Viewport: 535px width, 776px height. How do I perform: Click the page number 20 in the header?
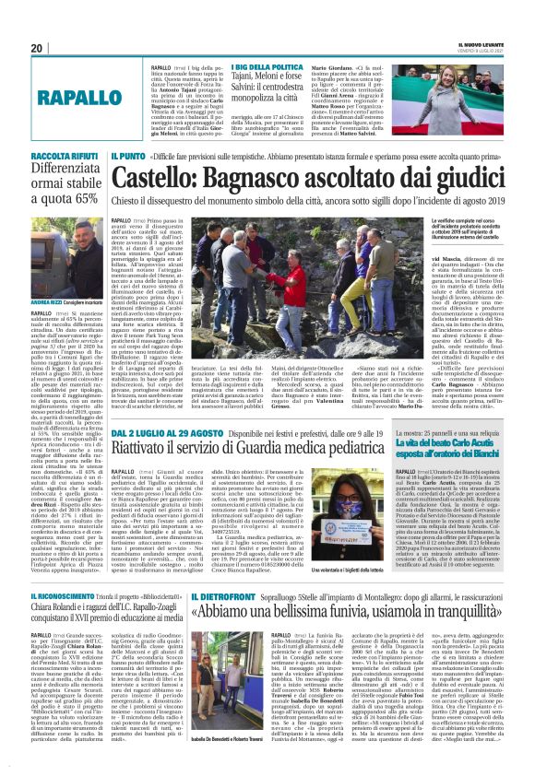(x=38, y=48)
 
